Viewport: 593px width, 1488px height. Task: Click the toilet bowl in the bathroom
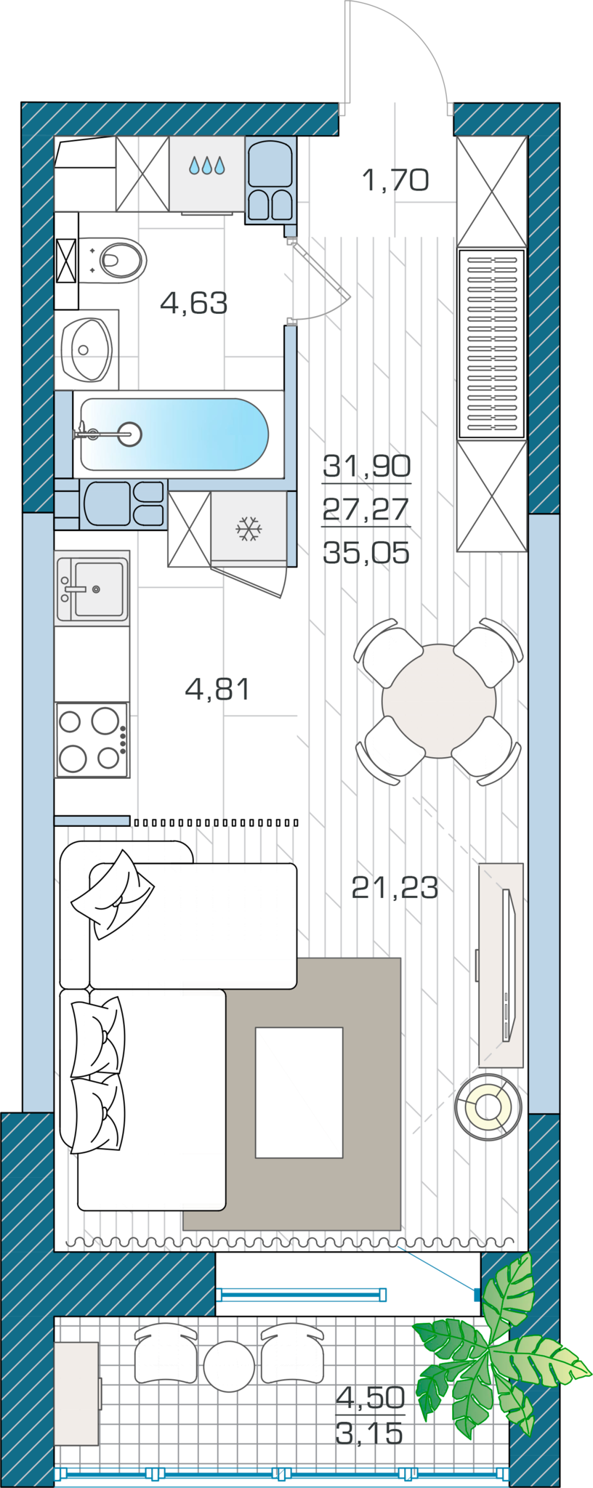pos(120,260)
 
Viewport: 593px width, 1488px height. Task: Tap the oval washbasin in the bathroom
pos(86,349)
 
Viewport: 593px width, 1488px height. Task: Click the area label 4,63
pos(194,302)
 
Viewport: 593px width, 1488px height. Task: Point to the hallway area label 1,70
pos(395,179)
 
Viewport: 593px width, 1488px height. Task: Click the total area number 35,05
pos(366,553)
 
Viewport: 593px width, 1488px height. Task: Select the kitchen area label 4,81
pos(218,688)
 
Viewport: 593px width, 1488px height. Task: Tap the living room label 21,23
pos(395,887)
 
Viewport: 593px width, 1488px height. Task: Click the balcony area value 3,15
pos(369,1434)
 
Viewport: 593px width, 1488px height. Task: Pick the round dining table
pos(439,700)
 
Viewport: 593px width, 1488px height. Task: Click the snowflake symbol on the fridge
pos(249,528)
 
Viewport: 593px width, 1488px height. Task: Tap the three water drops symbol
pos(207,166)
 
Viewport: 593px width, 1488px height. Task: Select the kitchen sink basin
pos(99,589)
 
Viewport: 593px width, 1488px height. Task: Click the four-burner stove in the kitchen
pos(92,740)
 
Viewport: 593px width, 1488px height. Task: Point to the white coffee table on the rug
pos(299,1092)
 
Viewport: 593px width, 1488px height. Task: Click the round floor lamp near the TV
pos(488,1107)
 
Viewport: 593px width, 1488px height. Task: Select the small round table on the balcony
pos(229,1367)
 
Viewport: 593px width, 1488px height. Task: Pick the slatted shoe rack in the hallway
pos(492,344)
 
